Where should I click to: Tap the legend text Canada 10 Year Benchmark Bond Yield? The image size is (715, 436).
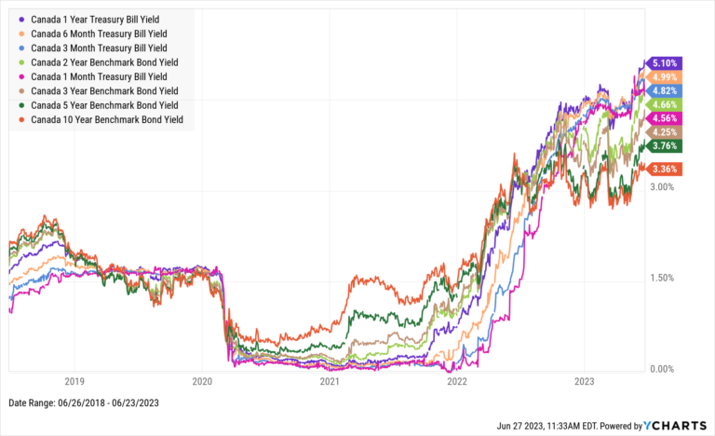(x=107, y=119)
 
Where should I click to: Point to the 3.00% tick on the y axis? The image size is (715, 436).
(x=662, y=187)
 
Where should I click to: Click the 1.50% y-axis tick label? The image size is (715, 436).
(x=662, y=279)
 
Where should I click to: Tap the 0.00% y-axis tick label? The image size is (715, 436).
(x=662, y=370)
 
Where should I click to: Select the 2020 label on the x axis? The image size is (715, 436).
(x=202, y=381)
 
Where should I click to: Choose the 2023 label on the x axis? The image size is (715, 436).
(x=584, y=381)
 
